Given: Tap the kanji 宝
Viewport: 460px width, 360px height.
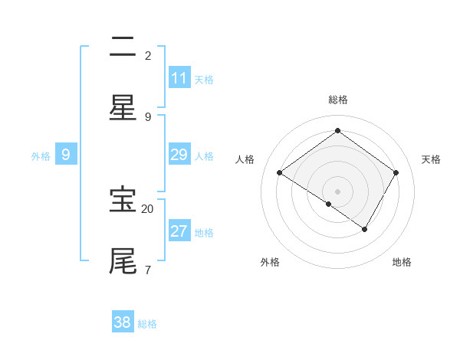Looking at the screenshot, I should coord(123,200).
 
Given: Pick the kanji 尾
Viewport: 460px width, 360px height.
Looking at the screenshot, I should coord(123,260).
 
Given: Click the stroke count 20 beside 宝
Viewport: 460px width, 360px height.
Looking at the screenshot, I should coord(148,208).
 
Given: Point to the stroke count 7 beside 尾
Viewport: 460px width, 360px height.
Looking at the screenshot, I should coord(148,270).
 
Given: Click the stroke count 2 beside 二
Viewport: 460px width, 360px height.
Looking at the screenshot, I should coord(148,56).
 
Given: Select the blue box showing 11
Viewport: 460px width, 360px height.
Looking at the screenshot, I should coord(179,78).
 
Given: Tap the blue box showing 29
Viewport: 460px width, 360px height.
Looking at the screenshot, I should coord(179,155).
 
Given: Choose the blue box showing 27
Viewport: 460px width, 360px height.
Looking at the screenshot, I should coord(179,231).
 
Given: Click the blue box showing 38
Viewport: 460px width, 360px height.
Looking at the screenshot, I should coord(123,322).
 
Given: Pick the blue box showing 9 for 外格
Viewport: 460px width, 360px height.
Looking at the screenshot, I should coord(66,155).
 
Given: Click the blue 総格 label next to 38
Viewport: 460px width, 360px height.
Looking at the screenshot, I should coord(147,324).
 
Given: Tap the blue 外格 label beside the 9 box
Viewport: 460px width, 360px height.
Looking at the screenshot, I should coord(41,156).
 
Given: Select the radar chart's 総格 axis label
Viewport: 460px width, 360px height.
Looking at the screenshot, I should coord(338,100).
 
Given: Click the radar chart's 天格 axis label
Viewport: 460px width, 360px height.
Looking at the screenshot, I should coord(431,159).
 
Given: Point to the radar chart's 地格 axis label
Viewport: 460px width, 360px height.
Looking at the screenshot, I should coord(402,262).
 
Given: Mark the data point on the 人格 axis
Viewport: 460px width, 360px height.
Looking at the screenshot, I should coord(280,173).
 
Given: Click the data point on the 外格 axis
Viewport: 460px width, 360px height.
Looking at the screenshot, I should coord(329,205).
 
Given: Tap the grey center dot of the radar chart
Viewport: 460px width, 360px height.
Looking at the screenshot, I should coord(338,191).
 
